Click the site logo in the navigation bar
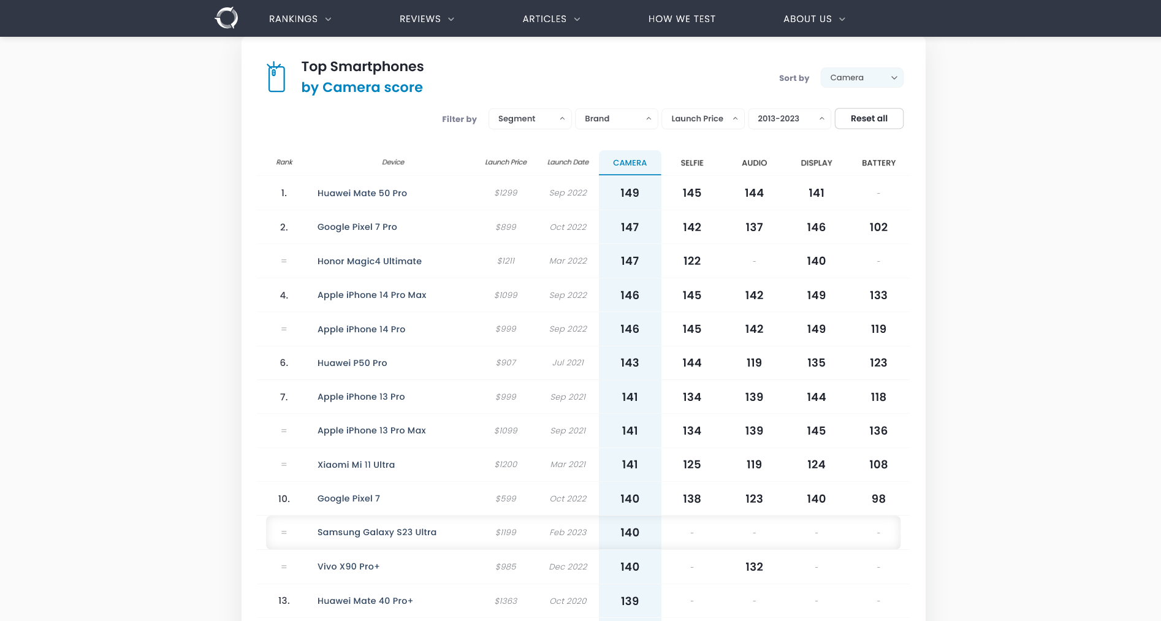(x=226, y=18)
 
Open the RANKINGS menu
(x=300, y=19)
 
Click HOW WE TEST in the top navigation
(x=682, y=19)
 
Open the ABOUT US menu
(x=813, y=19)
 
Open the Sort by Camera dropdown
(x=861, y=78)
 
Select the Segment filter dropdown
(x=530, y=119)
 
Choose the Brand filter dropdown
(x=616, y=119)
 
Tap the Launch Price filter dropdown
(x=702, y=119)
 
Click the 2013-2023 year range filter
(x=789, y=119)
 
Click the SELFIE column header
(x=691, y=163)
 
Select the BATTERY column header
(x=878, y=163)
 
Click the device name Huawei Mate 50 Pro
(x=362, y=193)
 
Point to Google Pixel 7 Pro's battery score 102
(x=878, y=227)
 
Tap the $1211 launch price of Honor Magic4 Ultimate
(x=506, y=261)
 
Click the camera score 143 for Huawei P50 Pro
(x=630, y=363)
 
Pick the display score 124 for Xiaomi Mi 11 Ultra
(x=816, y=465)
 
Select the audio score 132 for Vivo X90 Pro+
(x=754, y=567)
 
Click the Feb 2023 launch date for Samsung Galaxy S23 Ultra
(x=568, y=533)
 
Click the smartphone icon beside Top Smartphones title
(x=276, y=77)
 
